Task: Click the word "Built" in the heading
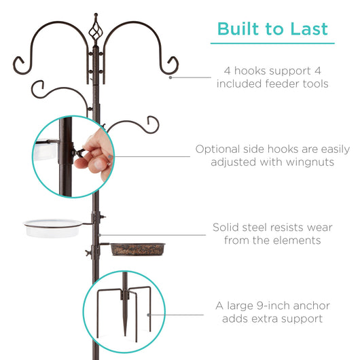pos(236,29)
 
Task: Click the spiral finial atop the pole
pos(96,31)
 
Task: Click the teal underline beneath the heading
pos(272,44)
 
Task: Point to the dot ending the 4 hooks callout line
pos(170,77)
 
